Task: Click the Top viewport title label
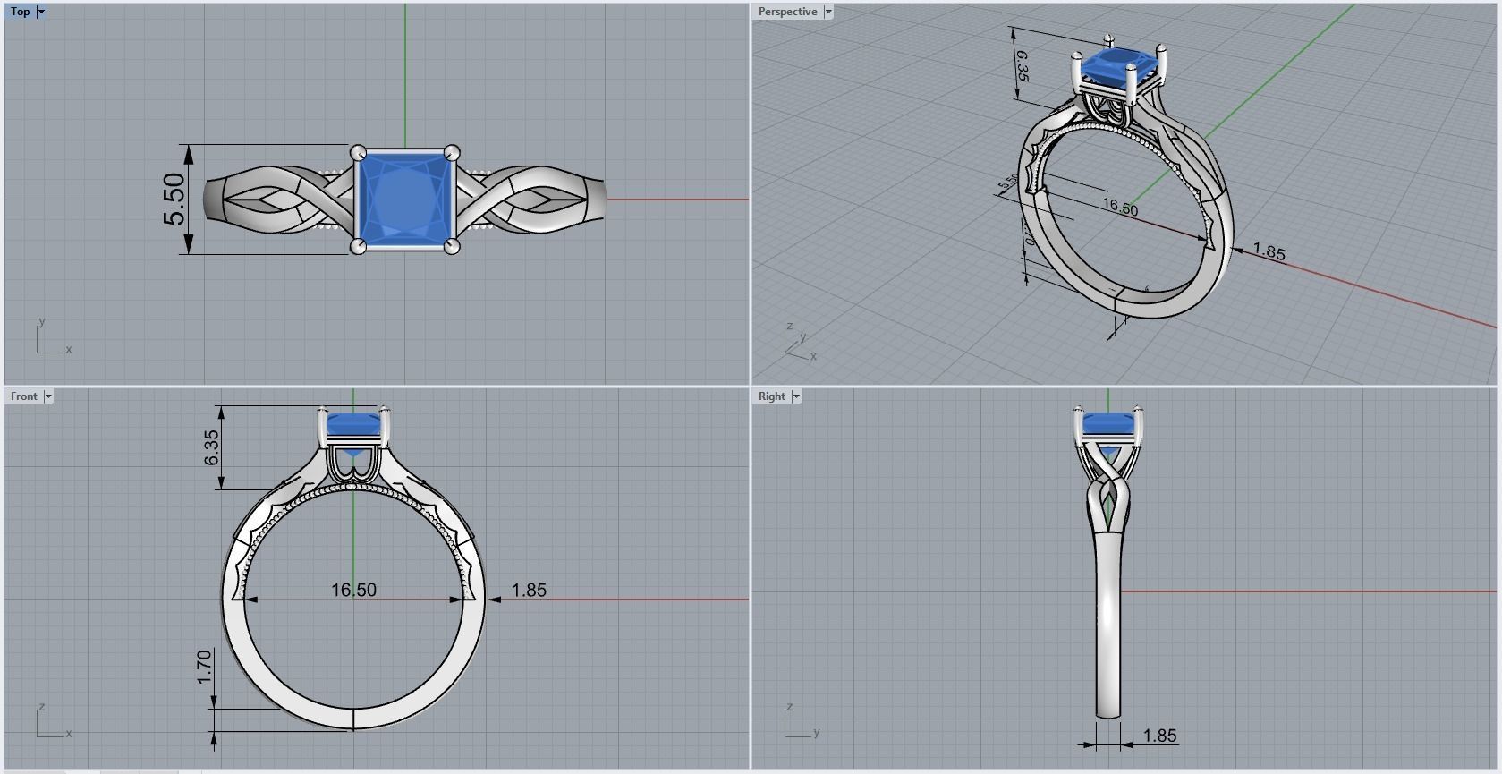coord(20,12)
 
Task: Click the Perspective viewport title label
coord(787,12)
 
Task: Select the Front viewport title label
coord(24,396)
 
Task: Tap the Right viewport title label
coord(771,396)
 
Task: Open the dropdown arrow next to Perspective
coord(828,12)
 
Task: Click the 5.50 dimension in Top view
coord(174,200)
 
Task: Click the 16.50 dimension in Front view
coord(353,590)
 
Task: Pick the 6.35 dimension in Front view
coord(212,447)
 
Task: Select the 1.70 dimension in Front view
coord(204,667)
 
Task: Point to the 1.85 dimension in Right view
coord(1159,736)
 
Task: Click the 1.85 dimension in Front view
coord(529,590)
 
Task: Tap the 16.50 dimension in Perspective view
coord(1120,208)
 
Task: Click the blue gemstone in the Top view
coord(404,200)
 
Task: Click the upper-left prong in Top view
coord(359,153)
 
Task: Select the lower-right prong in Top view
coord(451,246)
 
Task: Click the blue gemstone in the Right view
coord(1107,423)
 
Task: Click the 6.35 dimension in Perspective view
coord(1022,66)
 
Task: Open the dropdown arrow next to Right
coord(796,396)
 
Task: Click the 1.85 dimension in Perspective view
coord(1269,252)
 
